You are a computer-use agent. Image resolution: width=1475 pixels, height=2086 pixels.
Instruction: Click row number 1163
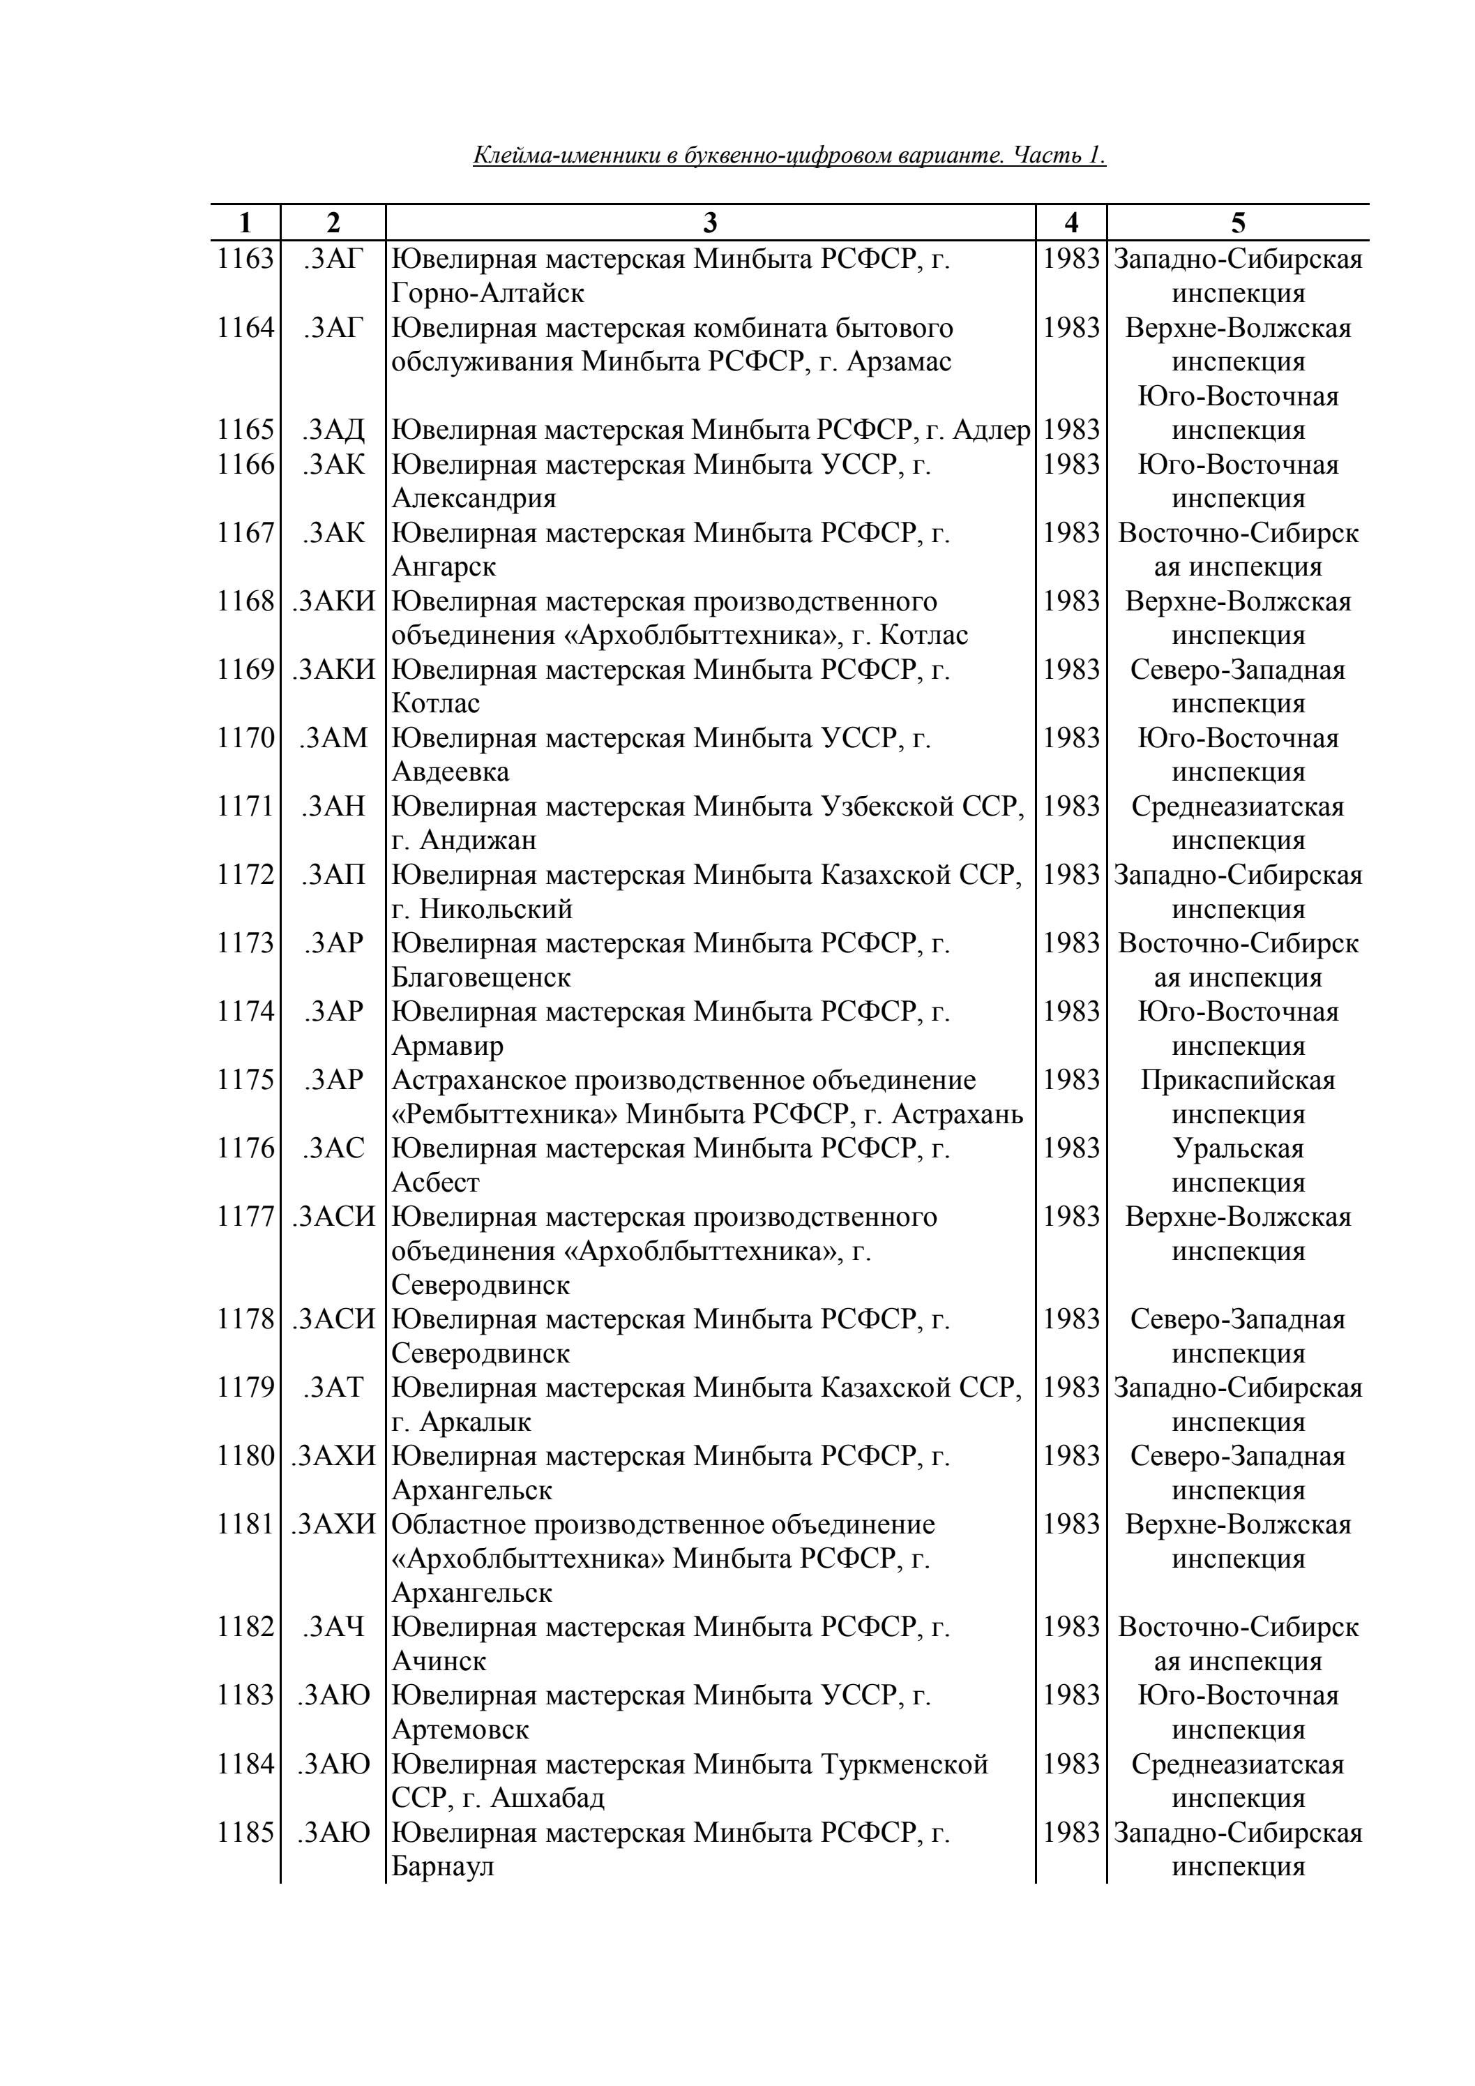tap(245, 260)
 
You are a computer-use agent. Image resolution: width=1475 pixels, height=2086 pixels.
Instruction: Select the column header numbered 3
tap(710, 223)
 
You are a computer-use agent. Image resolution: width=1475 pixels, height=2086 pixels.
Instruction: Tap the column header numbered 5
tap(1238, 223)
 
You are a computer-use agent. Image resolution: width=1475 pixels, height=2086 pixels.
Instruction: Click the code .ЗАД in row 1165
tap(333, 430)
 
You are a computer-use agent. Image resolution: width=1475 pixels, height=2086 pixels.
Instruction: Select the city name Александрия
tap(474, 499)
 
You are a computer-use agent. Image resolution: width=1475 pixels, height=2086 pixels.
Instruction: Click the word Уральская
tap(1238, 1148)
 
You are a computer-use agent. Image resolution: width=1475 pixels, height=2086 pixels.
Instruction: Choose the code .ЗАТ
tap(333, 1388)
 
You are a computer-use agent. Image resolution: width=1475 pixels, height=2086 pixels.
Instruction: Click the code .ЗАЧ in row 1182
tap(333, 1627)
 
